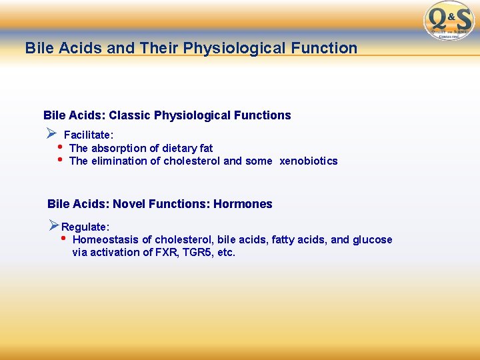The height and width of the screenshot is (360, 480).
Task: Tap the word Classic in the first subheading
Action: coord(129,115)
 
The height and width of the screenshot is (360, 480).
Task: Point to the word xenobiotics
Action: coord(309,161)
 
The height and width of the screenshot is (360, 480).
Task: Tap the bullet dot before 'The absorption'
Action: coord(60,147)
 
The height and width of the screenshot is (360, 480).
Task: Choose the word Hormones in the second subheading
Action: coord(243,204)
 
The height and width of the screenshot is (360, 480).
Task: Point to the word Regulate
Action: coord(85,227)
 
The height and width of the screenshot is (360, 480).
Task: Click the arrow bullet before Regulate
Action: coord(54,226)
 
